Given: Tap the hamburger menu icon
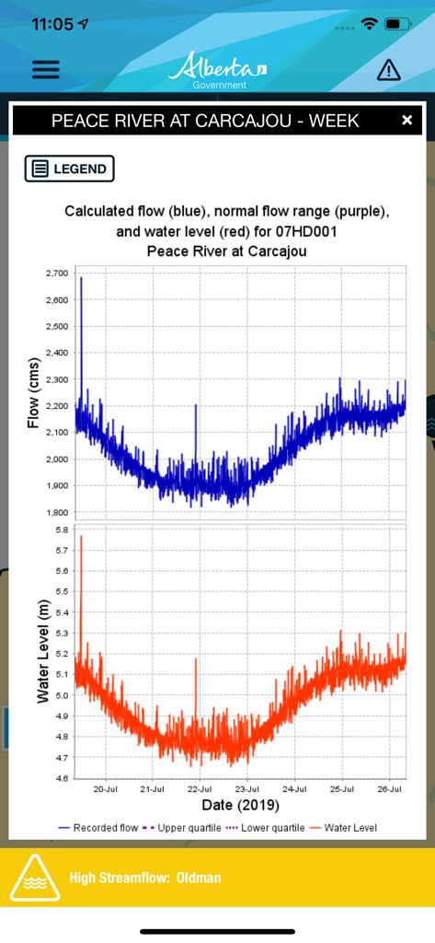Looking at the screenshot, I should point(45,69).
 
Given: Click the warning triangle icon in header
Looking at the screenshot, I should point(389,70).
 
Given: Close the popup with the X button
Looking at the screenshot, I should point(406,121).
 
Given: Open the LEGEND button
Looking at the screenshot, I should point(70,169).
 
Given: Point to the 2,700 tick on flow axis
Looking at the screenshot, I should point(55,274).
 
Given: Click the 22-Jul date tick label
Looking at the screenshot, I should point(200,790).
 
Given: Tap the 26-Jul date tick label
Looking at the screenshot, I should point(390,790).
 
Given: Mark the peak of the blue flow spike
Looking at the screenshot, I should point(81,277).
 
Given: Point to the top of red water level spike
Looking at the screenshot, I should point(81,536).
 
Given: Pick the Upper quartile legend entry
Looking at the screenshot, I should point(183,828).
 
